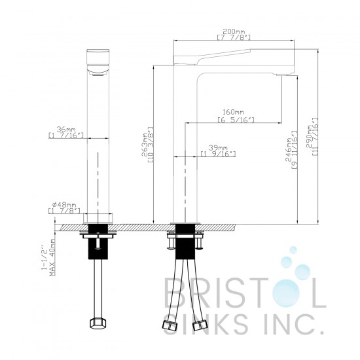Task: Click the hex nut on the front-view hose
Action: tap(98, 324)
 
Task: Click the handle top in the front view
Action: tap(98, 52)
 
